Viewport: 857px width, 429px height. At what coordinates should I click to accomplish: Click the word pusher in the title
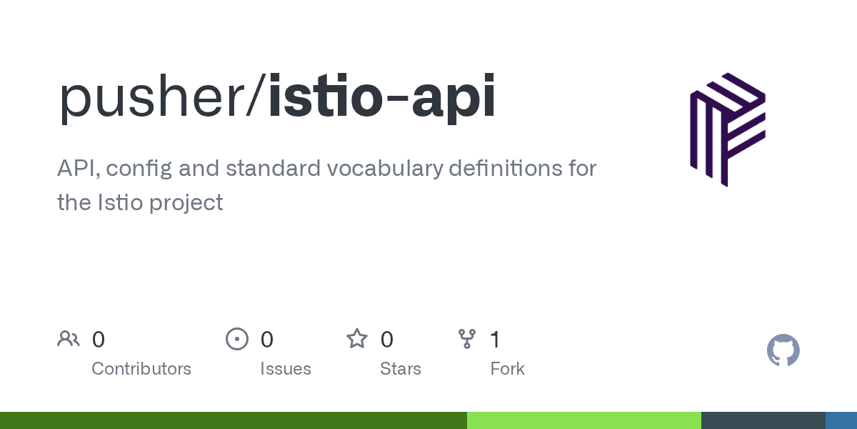pos(152,98)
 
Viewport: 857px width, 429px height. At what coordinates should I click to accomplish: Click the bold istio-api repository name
pos(382,98)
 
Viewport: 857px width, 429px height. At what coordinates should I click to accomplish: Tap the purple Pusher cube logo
pos(728,129)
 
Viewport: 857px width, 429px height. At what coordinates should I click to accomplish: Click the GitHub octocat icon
pos(783,350)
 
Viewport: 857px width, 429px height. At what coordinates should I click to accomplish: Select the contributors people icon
pos(69,339)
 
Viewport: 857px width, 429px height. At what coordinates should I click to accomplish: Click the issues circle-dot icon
pos(237,339)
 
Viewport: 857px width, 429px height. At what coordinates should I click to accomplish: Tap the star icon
pos(357,339)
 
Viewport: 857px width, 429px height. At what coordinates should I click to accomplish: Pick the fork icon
pos(467,339)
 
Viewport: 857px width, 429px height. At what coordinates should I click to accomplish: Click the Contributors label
pos(141,369)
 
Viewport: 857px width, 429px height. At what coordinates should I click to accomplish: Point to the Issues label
pos(286,369)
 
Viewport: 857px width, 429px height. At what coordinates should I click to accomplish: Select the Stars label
pos(400,369)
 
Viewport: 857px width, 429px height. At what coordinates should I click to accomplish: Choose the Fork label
pos(507,369)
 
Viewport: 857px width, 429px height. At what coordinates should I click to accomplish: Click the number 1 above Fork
pos(495,340)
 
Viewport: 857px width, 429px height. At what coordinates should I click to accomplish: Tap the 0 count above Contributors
pos(99,340)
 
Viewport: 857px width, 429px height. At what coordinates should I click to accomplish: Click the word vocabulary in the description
pos(385,169)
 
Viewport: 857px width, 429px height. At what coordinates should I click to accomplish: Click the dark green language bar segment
pos(234,420)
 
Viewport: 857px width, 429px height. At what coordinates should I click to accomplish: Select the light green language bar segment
pos(584,420)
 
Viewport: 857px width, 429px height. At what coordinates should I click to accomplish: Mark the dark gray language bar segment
pos(763,420)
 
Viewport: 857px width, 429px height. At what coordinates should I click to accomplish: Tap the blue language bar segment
pos(841,420)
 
